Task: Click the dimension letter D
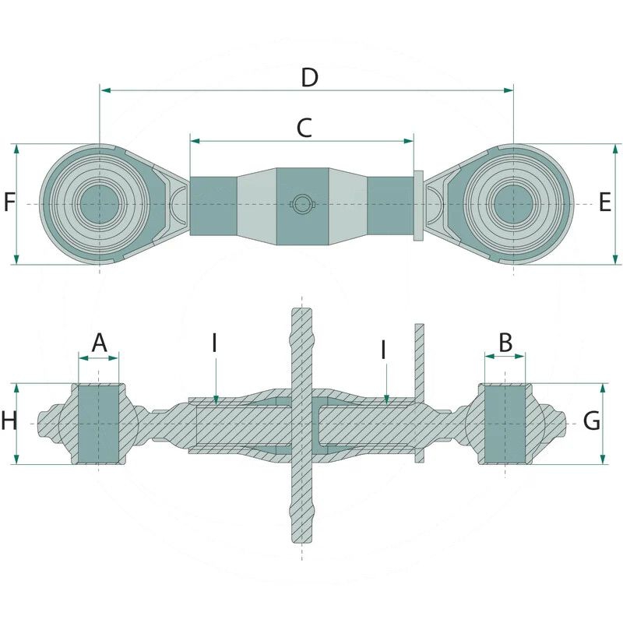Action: (x=309, y=77)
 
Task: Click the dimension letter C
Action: (x=304, y=128)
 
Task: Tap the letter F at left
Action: (x=9, y=203)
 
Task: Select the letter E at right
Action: (x=605, y=203)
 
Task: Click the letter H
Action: (x=9, y=422)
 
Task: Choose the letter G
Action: (x=592, y=422)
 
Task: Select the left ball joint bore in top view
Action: (x=99, y=204)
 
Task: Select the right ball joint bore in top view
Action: (x=514, y=204)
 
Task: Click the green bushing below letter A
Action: (x=99, y=424)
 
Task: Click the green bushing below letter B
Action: (x=505, y=424)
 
